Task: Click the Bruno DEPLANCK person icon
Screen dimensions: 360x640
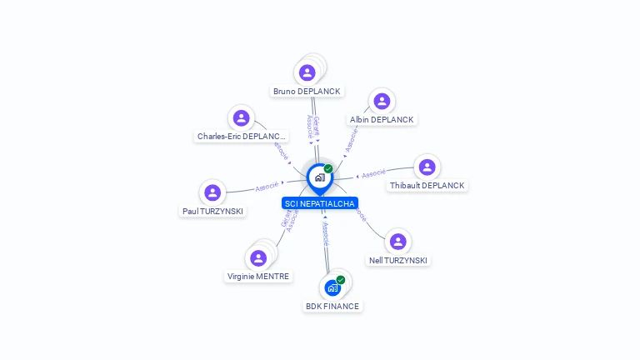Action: click(307, 72)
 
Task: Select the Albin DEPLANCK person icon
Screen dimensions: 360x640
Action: click(382, 101)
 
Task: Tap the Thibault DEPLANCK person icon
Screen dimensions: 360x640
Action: click(427, 167)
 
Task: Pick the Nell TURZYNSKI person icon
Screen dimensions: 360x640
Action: click(398, 242)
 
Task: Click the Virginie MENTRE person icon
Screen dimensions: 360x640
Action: click(258, 258)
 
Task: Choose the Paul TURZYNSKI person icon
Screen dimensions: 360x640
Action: click(212, 192)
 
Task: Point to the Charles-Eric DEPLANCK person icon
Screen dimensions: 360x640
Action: click(242, 117)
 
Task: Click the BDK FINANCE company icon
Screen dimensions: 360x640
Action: click(332, 288)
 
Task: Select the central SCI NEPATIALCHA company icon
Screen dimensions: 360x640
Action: click(319, 177)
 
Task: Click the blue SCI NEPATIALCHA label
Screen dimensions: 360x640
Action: click(320, 203)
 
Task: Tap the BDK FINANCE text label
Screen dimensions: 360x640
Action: click(332, 306)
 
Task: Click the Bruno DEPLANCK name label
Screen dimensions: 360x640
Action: click(307, 91)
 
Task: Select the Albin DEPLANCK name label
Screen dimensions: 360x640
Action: click(382, 119)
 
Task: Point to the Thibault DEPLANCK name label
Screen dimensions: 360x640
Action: click(427, 185)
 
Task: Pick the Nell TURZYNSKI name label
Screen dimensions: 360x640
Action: click(398, 260)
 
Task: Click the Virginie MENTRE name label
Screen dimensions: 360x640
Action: click(258, 276)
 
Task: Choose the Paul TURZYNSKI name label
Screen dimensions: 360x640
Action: click(213, 211)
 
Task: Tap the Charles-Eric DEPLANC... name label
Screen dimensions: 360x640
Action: click(242, 136)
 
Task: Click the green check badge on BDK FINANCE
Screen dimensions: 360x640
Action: click(341, 280)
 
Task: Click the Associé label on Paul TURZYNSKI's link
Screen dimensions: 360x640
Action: click(267, 186)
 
